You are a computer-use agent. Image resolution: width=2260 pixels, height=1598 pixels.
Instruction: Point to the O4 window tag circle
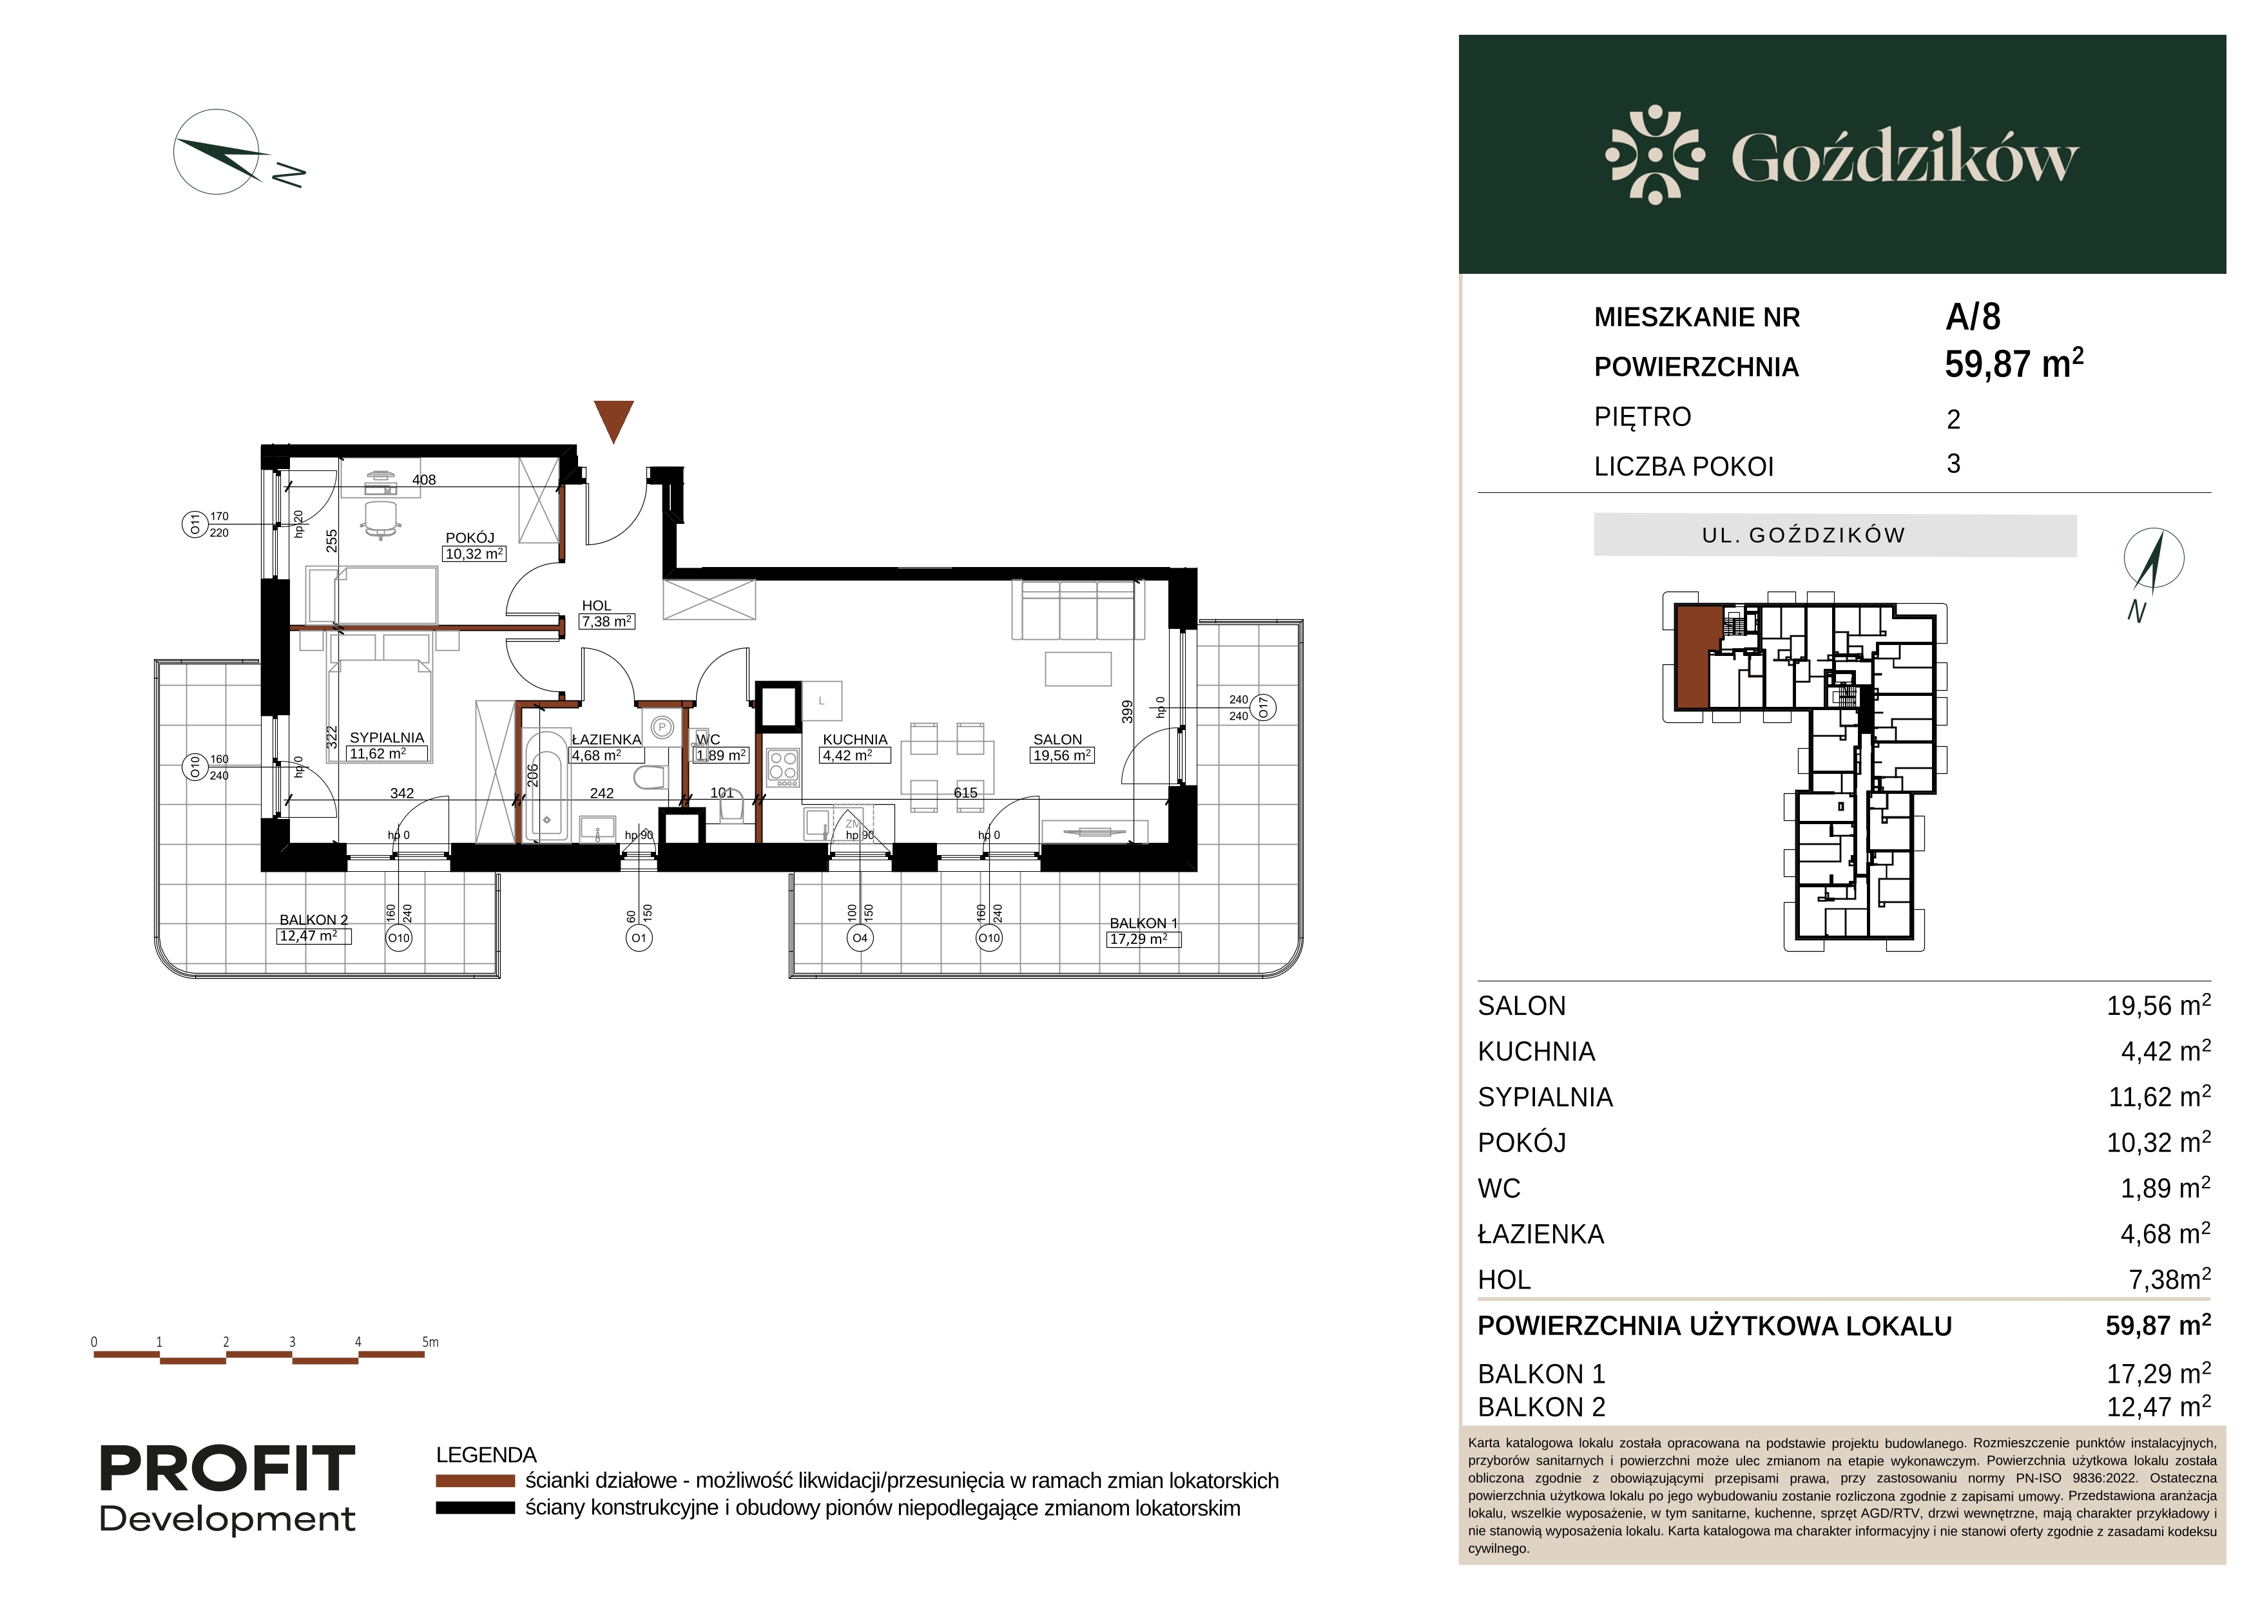point(860,938)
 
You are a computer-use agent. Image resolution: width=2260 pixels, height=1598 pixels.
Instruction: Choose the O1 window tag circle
point(639,938)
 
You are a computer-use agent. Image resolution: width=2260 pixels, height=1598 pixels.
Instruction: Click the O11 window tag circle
point(195,525)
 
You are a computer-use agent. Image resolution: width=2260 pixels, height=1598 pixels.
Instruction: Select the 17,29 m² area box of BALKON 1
point(1144,939)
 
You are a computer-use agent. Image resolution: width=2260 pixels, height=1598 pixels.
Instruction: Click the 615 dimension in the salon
point(965,792)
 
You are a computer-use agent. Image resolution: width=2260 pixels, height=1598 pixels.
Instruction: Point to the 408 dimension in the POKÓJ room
point(424,480)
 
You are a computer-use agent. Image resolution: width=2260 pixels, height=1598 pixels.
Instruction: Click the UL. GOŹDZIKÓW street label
point(1803,535)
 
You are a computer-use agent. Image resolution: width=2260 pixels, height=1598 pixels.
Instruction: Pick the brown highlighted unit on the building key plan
point(1693,657)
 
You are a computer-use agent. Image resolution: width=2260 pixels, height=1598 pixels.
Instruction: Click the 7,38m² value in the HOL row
point(2169,1278)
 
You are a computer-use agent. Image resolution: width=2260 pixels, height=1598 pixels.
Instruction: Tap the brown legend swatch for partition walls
point(476,1481)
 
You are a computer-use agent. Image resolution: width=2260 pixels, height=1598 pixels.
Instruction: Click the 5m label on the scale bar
point(430,1342)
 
